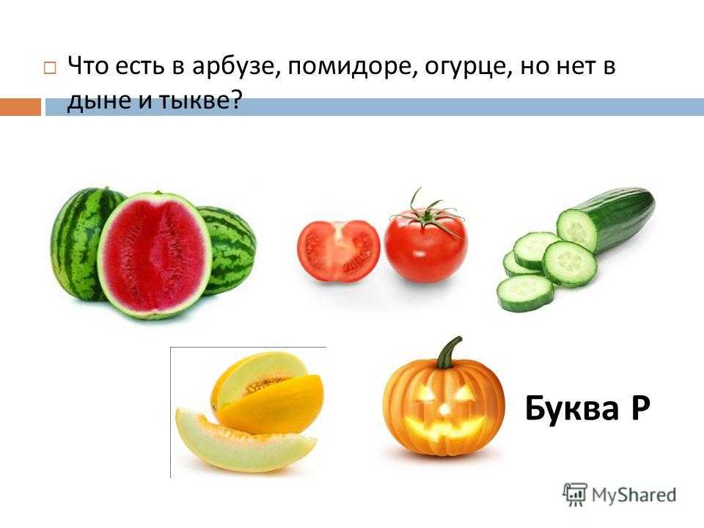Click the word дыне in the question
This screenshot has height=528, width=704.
99,102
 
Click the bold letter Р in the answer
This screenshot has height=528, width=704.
639,408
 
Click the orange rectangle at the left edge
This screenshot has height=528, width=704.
21,107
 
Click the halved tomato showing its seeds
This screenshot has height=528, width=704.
339,251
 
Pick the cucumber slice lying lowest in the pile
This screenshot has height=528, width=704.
525,293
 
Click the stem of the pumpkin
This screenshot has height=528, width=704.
450,353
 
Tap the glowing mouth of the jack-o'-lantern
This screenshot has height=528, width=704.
445,429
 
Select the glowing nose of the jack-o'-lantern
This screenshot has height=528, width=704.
444,409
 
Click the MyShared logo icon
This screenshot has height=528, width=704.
575,495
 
